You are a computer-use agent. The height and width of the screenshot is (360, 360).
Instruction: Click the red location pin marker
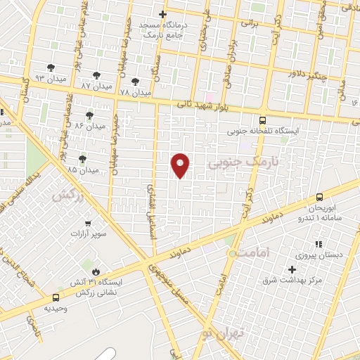(181, 166)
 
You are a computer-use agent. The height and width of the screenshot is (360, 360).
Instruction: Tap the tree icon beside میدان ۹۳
(51, 67)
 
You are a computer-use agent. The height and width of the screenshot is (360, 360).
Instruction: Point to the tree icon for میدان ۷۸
(135, 82)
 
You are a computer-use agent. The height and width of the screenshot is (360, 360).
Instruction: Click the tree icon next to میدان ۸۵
(83, 159)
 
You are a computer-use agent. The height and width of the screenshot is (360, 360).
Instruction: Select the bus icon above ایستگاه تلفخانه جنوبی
(262, 120)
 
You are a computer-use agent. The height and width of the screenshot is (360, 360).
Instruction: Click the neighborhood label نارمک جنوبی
(243, 163)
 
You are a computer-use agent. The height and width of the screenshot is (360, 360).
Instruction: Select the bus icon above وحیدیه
(56, 297)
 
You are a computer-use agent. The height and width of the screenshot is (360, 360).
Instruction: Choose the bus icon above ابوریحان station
(319, 197)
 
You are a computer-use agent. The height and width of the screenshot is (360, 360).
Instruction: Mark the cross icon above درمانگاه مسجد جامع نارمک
(162, 14)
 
